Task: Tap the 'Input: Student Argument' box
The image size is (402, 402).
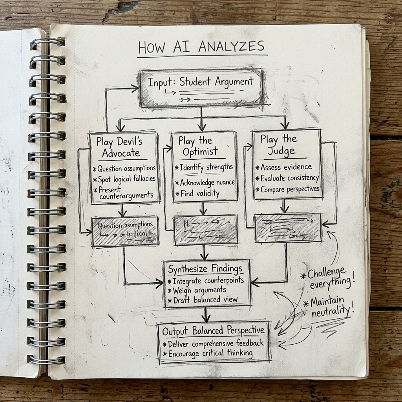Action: (201, 88)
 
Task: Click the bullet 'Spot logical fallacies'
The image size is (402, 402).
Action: (125, 179)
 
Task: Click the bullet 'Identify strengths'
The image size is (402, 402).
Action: (204, 167)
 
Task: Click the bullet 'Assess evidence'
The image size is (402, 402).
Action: (284, 167)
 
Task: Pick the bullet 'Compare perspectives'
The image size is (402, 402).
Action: (288, 189)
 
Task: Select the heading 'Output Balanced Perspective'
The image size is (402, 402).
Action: (213, 331)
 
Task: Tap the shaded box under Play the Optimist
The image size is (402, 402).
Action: (206, 230)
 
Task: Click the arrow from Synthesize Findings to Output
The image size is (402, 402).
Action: (205, 314)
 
